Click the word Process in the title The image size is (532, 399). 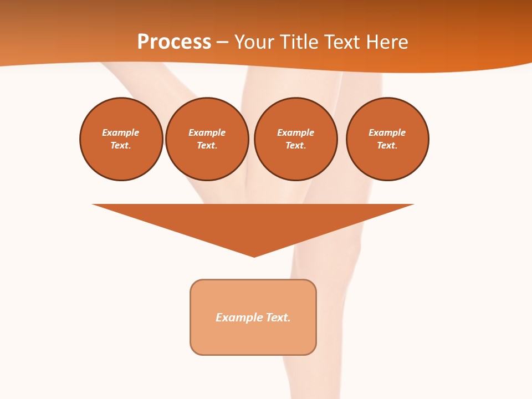(174, 42)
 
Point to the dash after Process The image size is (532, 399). (222, 43)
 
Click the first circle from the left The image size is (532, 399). (121, 139)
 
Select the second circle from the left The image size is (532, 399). (207, 139)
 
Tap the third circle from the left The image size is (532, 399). (296, 139)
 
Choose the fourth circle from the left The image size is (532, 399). (387, 139)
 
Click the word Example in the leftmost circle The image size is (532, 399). (121, 132)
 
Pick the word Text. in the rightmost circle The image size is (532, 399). (387, 146)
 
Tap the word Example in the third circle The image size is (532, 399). (296, 132)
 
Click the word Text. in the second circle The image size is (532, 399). (207, 146)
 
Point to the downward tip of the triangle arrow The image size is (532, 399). (254, 255)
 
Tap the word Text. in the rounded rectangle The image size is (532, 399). (278, 318)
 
